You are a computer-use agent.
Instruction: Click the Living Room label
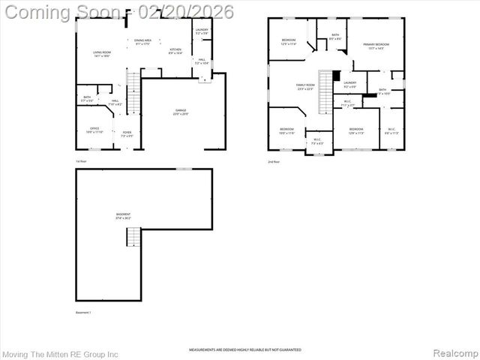point(102,54)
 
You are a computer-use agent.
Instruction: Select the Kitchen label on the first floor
point(175,51)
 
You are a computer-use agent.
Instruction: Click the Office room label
point(94,130)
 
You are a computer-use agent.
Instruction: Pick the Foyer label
point(127,134)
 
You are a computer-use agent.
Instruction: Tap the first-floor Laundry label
point(202,31)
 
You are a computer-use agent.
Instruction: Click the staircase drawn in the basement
point(133,238)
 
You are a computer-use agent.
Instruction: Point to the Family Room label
point(304,87)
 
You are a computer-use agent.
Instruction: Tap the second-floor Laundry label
point(350,85)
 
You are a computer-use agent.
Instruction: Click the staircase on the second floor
point(325,91)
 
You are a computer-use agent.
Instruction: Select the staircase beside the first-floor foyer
point(133,93)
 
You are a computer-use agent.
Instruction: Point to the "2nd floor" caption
point(274,161)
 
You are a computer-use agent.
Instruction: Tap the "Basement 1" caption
point(83,312)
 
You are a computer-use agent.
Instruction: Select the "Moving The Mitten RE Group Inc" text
point(61,353)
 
